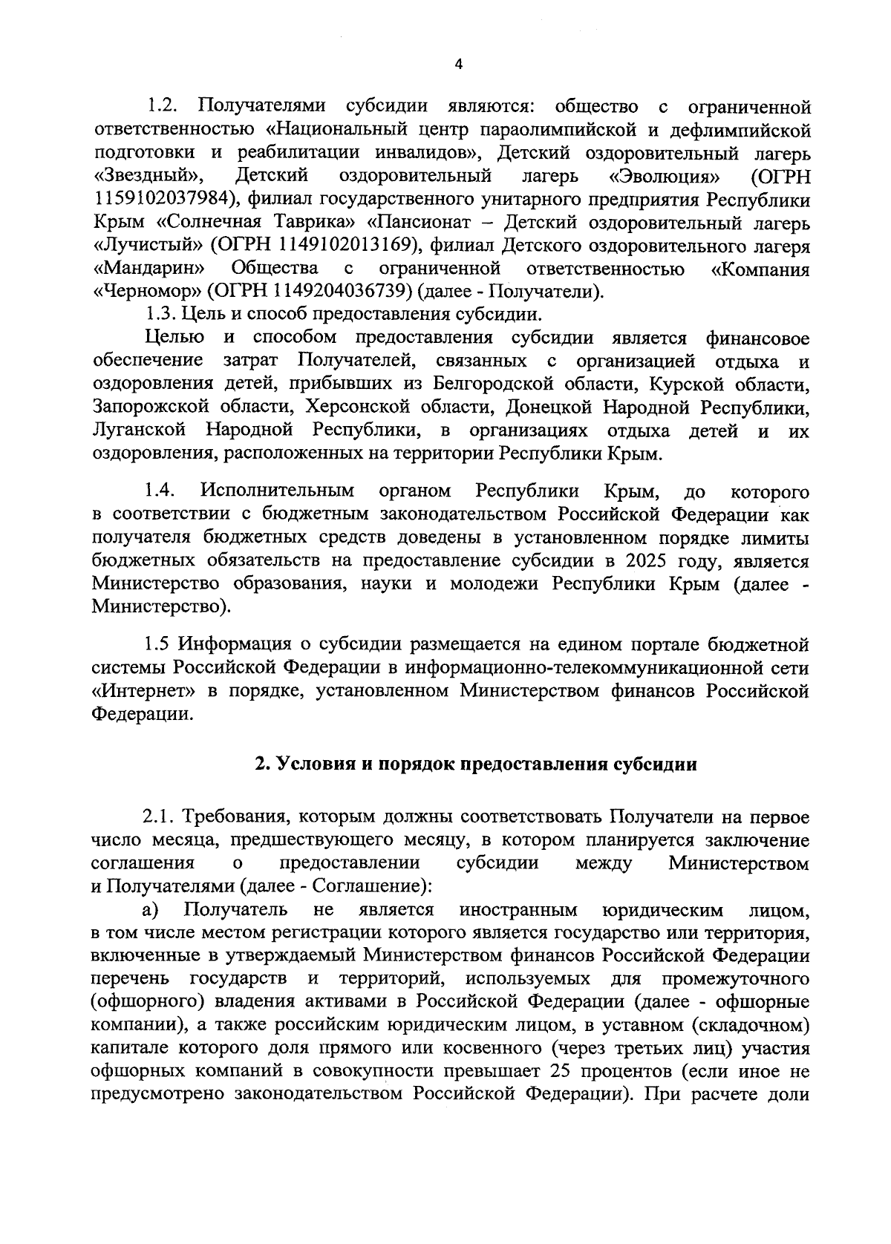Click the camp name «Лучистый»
(x=148, y=245)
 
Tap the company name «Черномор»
(x=148, y=291)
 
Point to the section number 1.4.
(x=160, y=491)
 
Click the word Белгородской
(x=495, y=384)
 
